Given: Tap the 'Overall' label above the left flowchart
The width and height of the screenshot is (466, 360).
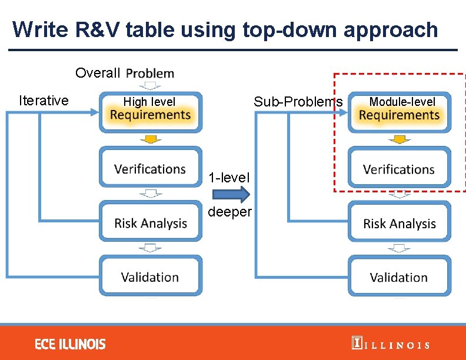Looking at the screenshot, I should pos(98,74).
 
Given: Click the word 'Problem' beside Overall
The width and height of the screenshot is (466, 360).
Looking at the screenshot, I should pos(150,74).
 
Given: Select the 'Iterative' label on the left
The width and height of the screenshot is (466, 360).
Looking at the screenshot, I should pos(44,101).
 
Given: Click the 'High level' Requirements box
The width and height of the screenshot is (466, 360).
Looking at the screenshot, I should pos(150,111).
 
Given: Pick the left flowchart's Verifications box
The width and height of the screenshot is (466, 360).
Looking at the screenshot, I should pos(150,169).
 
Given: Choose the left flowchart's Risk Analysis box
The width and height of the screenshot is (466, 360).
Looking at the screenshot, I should pos(150,223).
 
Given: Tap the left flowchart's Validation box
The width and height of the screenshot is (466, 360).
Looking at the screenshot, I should pos(150,276).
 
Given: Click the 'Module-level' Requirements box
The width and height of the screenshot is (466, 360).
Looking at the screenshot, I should pos(399,111).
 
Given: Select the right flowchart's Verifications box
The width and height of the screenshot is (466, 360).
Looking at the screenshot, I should pos(399,169).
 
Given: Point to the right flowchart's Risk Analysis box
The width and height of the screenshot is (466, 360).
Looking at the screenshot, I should pos(399,224).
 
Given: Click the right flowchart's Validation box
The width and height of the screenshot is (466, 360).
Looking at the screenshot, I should pos(399,277).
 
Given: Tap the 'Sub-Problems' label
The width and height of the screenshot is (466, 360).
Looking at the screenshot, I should pos(298,102).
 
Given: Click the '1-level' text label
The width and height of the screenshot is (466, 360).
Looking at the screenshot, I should pos(229,177).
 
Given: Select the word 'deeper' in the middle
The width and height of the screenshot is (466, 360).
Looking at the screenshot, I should pos(230,212).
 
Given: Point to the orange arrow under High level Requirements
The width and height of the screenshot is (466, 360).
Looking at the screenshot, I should pos(151,139).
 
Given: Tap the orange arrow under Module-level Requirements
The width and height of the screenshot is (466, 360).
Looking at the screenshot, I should pos(400,139).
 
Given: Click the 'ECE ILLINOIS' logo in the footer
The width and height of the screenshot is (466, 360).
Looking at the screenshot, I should pos(70,344).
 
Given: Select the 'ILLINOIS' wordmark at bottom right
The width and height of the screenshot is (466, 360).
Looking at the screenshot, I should pos(390,345).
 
